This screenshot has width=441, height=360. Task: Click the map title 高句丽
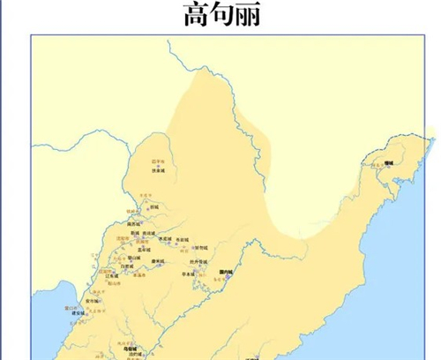221,15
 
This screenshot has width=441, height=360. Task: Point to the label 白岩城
128,265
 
